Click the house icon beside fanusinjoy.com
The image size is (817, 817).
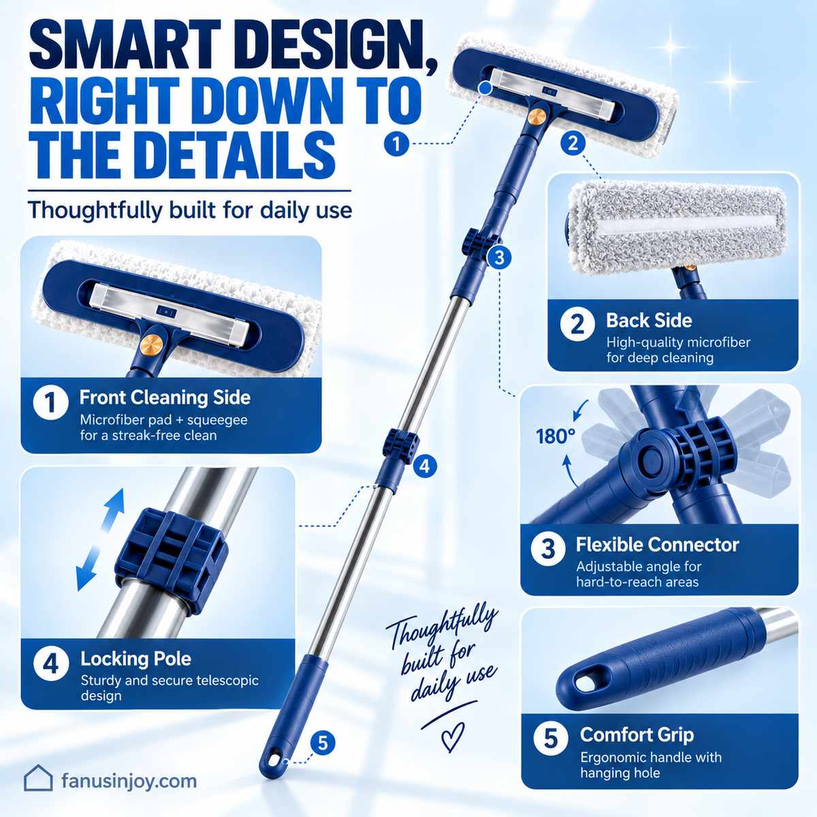pos(38,778)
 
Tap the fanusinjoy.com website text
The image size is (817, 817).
pos(129,781)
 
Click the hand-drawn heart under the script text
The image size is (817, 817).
pos(452,737)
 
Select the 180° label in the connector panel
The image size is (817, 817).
pos(556,436)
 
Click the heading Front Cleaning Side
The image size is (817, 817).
pos(165,398)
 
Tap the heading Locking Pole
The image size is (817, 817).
pos(135,659)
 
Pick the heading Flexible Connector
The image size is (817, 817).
pos(657,545)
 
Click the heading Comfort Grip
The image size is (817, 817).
pos(637,735)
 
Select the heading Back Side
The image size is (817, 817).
pos(649,321)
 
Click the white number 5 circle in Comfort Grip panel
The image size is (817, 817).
pos(551,738)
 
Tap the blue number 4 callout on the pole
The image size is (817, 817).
pos(424,466)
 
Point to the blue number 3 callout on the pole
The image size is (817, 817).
pos(499,257)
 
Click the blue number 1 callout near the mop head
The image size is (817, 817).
pos(396,144)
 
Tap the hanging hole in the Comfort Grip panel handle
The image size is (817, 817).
pos(585,684)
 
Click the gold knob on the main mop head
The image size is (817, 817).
pos(536,116)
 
